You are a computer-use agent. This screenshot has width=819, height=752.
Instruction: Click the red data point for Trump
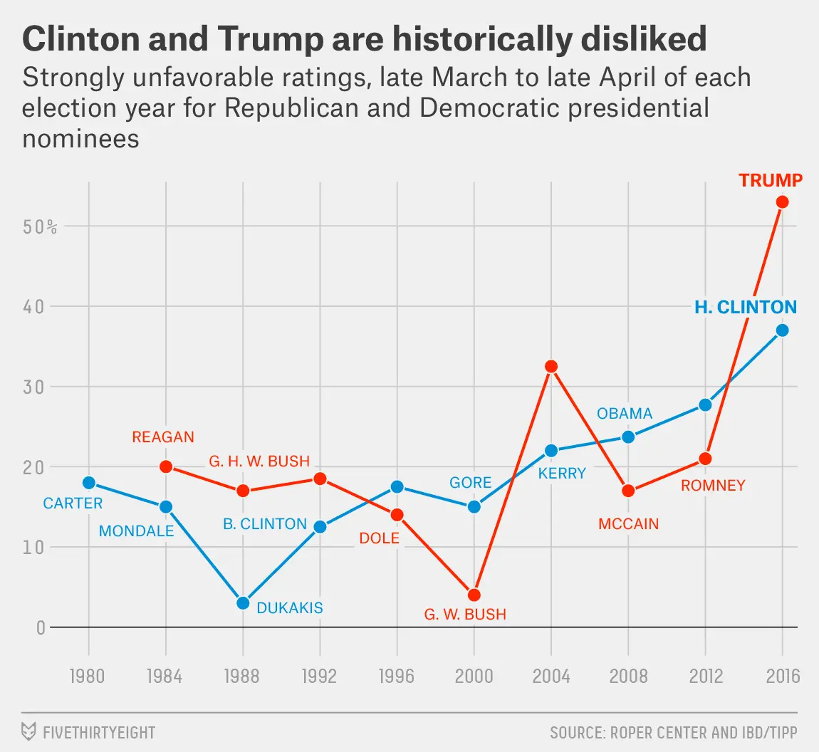point(782,202)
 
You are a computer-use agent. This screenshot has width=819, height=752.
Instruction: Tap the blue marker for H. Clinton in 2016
point(782,330)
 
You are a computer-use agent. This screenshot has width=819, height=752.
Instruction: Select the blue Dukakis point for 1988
point(243,603)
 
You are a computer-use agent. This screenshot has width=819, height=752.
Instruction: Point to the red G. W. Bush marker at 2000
point(474,595)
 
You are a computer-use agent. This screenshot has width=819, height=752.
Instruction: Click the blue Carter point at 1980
point(88,483)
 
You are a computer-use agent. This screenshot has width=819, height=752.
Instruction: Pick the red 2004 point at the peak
point(551,367)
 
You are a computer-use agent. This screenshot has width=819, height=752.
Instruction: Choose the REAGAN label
point(163,437)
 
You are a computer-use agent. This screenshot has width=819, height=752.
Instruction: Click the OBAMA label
point(625,414)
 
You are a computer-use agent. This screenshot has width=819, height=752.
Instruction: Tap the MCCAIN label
point(628,524)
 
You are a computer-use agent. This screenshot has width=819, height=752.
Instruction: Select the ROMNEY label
point(713,486)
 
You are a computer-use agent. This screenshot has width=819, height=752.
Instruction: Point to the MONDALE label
point(136,531)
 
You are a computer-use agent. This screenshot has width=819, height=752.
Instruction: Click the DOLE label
point(379,538)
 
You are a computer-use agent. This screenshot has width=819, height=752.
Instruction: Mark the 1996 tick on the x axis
point(396,676)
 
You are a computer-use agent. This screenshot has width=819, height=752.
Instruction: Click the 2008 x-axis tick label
point(628,676)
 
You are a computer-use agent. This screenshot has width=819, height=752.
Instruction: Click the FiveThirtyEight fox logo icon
point(29,731)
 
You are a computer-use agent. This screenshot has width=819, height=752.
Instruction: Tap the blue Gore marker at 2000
point(474,507)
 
